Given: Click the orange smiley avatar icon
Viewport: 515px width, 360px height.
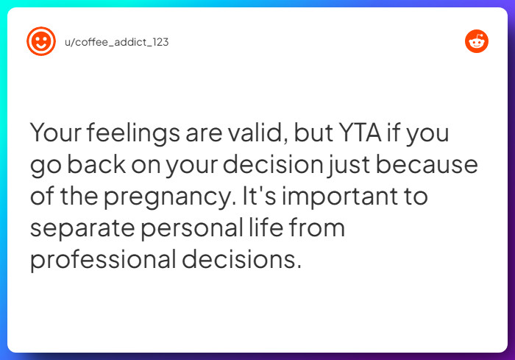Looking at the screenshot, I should pyautogui.click(x=40, y=41).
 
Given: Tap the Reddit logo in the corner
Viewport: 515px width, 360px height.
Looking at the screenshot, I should pyautogui.click(x=477, y=41).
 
